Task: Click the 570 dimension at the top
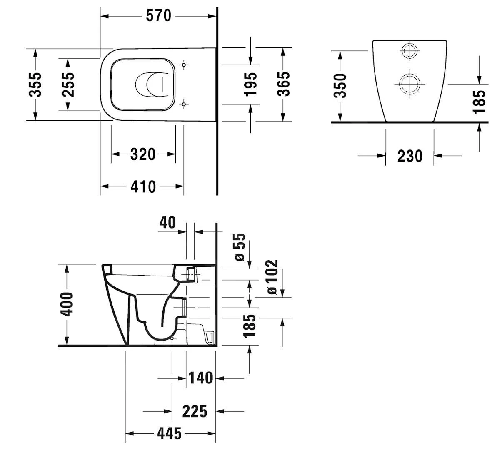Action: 159,16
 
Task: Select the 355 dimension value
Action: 36,85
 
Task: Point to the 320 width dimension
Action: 143,154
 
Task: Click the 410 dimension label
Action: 143,186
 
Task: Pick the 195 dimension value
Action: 250,85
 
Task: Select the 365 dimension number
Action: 283,85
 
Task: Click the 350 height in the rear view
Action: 340,85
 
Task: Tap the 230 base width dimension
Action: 410,156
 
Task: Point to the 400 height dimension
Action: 66,304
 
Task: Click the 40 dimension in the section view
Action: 167,223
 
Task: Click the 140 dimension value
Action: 200,378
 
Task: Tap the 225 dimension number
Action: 195,411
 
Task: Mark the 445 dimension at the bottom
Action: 170,434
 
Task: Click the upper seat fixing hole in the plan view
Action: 184,65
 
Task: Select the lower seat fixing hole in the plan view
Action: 184,104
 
